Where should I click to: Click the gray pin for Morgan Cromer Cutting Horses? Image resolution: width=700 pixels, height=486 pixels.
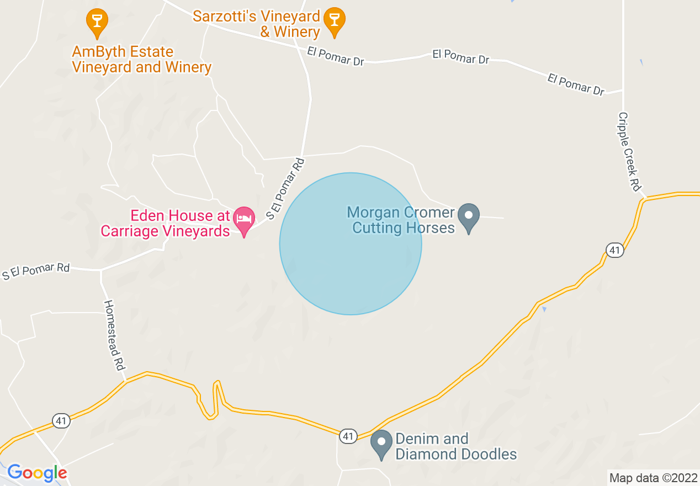tap(469, 215)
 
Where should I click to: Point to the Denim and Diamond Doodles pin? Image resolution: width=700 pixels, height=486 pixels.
tap(381, 443)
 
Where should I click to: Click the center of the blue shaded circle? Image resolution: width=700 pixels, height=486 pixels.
tap(351, 244)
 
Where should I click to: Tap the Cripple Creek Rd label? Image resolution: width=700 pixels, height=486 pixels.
tap(629, 152)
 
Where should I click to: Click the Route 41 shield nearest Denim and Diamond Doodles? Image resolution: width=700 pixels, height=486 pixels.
tap(347, 436)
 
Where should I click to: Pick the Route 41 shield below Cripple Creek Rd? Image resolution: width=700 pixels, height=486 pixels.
tap(615, 250)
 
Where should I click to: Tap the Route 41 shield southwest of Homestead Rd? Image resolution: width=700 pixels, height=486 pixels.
tap(61, 421)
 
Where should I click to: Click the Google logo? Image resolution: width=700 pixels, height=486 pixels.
tap(37, 473)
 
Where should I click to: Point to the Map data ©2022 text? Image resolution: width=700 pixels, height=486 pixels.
tap(653, 478)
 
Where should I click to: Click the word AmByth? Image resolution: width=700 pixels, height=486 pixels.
tap(97, 52)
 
